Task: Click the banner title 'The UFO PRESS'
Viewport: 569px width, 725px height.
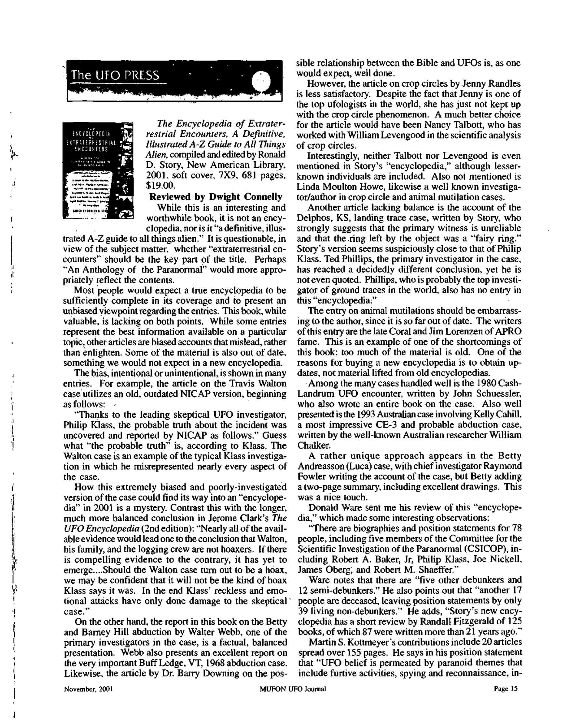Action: (115, 75)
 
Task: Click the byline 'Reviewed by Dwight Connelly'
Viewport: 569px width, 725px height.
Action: (215, 197)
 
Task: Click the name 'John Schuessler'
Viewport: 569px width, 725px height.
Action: (486, 394)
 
